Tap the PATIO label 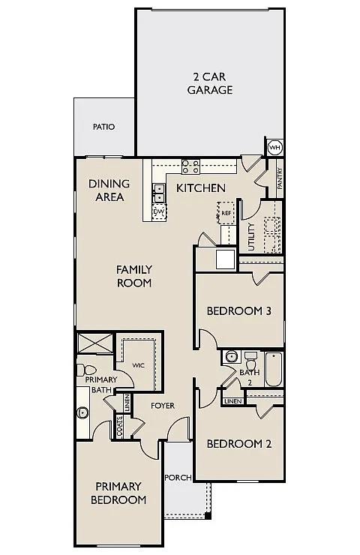pyautogui.click(x=103, y=127)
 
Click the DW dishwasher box pyautogui.click(x=158, y=212)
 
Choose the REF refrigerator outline pyautogui.click(x=226, y=212)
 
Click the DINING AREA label pyautogui.click(x=109, y=190)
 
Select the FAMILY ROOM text pyautogui.click(x=134, y=276)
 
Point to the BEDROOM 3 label pyautogui.click(x=238, y=310)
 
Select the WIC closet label pyautogui.click(x=138, y=365)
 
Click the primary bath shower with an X pyautogui.click(x=95, y=343)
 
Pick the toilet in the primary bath pyautogui.click(x=86, y=370)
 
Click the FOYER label pyautogui.click(x=163, y=406)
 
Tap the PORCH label pyautogui.click(x=178, y=477)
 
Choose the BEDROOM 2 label pyautogui.click(x=238, y=443)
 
